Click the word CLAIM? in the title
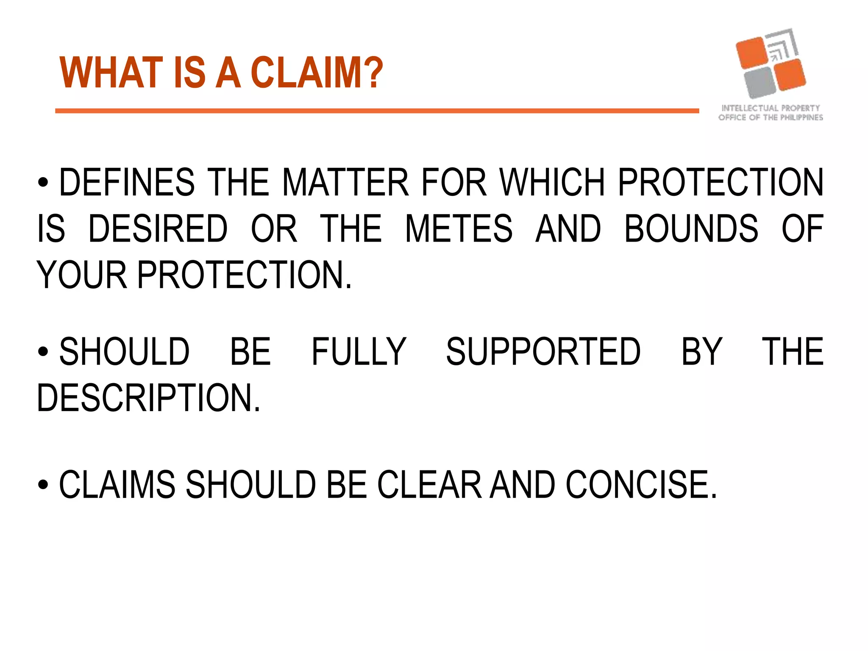pos(317,73)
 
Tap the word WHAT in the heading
pos(111,73)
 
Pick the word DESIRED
pos(158,229)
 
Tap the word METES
pos(459,229)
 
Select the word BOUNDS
pos(691,229)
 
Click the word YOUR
pos(82,275)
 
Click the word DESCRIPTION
pos(148,398)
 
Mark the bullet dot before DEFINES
pos(43,183)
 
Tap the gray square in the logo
pos(760,82)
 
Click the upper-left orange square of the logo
pos(752,53)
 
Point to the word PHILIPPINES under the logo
pos(801,117)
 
